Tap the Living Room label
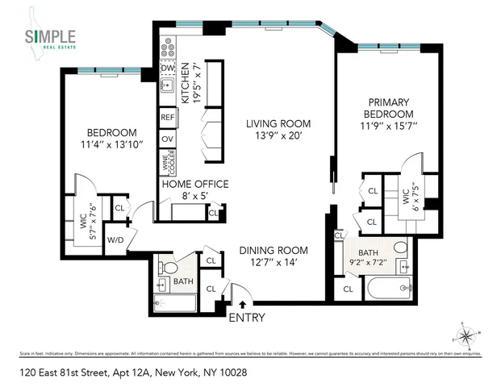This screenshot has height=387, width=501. pos(278,130)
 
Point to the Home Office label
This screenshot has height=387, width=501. pos(195,189)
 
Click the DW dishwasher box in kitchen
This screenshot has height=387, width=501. pos(169,69)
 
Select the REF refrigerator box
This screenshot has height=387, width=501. pos(168,118)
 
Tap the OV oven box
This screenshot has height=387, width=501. pos(168,139)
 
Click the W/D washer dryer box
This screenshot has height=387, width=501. pos(115,239)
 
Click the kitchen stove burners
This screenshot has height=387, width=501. pos(167,48)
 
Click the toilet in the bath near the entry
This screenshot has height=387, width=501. pos(166,265)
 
